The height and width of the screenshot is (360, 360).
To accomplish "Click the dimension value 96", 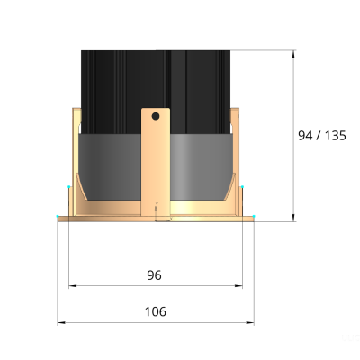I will [155, 274].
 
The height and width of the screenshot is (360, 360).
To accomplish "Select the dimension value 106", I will [155, 311].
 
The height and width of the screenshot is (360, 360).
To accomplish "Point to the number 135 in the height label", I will [335, 136].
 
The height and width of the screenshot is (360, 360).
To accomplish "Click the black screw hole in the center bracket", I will [156, 116].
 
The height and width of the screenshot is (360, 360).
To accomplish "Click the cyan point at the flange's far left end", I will [57, 217].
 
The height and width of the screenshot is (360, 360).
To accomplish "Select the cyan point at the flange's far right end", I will [255, 217].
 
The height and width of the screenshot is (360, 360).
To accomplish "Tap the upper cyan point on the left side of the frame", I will [69, 187].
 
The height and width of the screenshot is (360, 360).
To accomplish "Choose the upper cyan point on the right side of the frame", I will [242, 187].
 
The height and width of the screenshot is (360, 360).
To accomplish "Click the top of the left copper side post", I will [76, 112].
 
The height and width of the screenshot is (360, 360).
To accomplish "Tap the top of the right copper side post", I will [235, 112].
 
